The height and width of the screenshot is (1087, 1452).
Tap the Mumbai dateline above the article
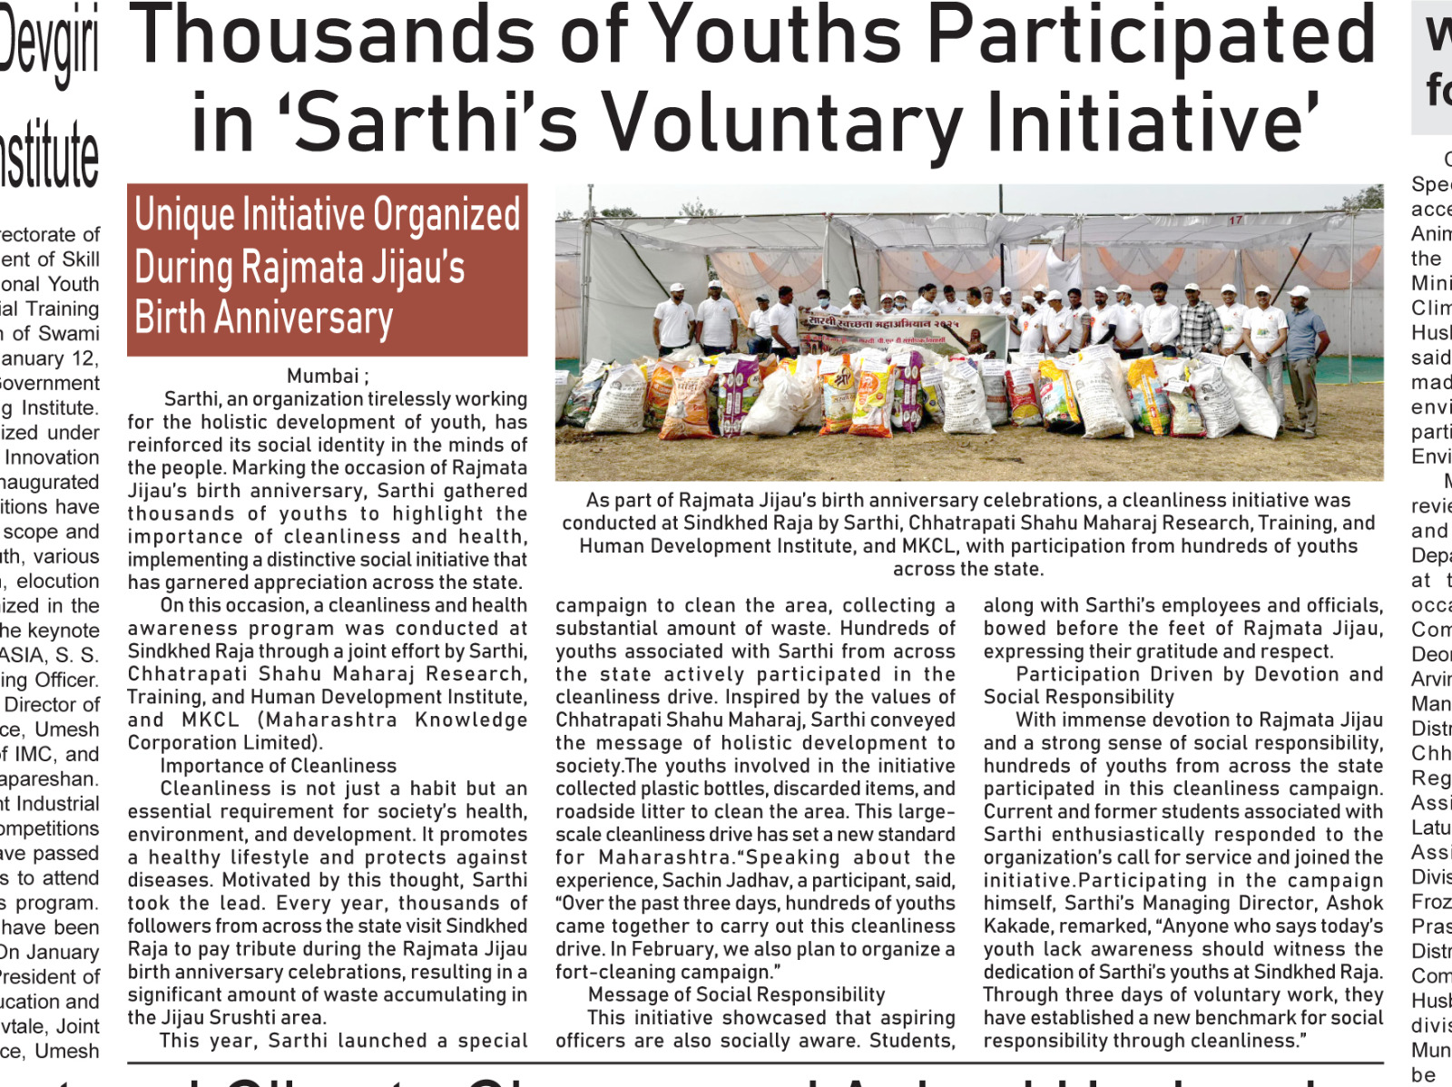[323, 376]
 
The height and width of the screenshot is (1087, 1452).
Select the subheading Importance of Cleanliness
[279, 766]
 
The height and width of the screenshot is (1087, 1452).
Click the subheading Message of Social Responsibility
[736, 994]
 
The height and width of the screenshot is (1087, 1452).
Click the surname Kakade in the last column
[1017, 925]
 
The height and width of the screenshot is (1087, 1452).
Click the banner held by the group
[903, 334]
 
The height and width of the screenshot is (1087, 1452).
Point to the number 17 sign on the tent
[1235, 220]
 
